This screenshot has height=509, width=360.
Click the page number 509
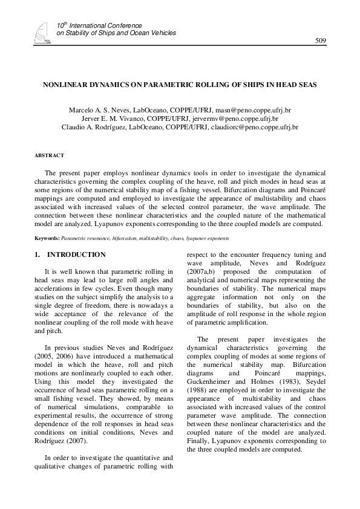coord(321,41)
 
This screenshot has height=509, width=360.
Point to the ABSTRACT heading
coord(49,155)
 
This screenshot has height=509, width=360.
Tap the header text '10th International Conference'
coord(99,26)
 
